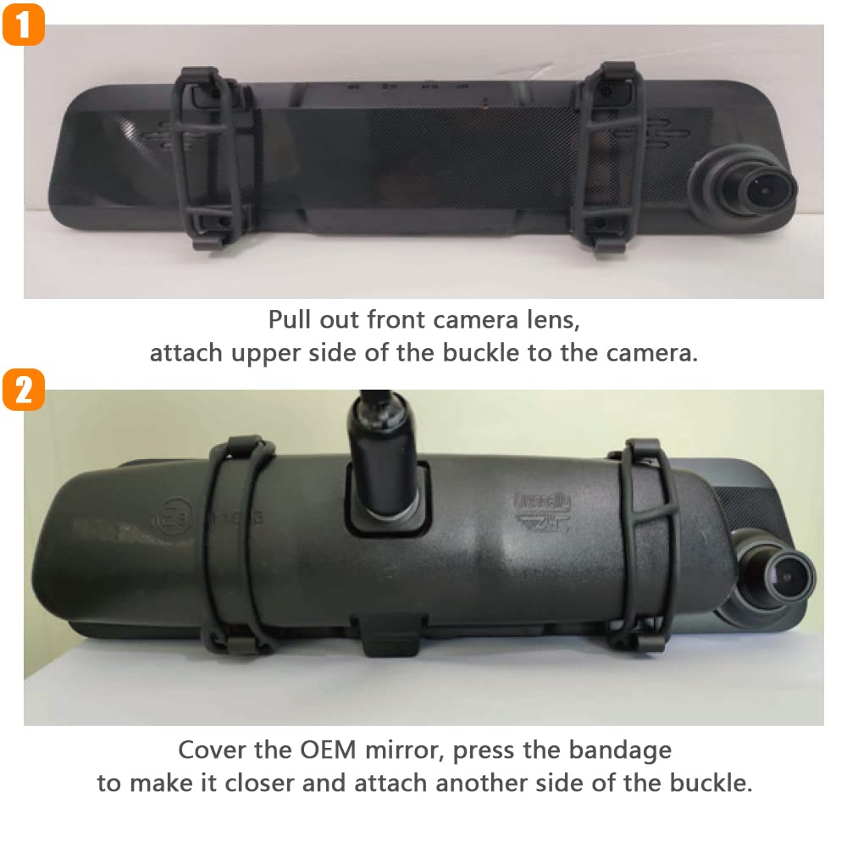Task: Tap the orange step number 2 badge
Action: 23,390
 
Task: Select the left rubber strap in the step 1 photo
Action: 206,161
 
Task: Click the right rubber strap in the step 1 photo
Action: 606,161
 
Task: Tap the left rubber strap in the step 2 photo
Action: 235,551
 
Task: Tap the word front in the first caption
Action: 398,320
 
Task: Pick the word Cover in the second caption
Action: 208,750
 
